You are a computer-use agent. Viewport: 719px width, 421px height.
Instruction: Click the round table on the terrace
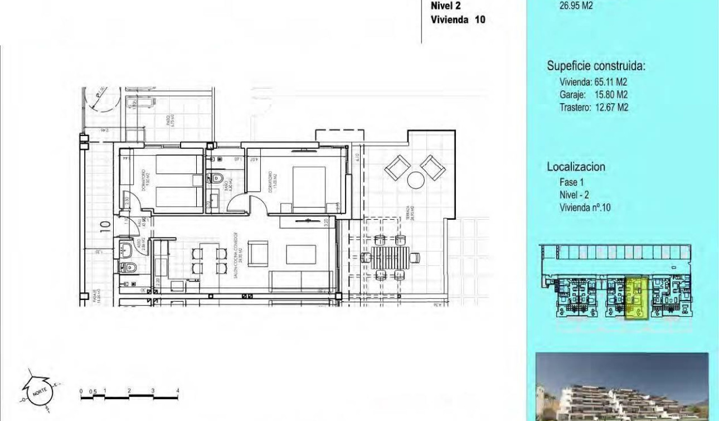pyautogui.click(x=416, y=180)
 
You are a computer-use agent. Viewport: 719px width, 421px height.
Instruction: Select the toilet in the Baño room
pyautogui.click(x=218, y=178)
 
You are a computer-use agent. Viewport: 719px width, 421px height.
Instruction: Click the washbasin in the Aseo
pyautogui.click(x=128, y=248)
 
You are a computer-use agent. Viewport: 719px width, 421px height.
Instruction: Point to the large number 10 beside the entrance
pyautogui.click(x=104, y=226)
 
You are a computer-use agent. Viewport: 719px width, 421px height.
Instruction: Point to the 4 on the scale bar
pyautogui.click(x=177, y=391)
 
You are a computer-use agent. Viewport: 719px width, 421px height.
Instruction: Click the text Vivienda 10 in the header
pyautogui.click(x=458, y=20)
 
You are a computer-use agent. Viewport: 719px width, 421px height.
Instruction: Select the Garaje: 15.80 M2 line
pyautogui.click(x=594, y=95)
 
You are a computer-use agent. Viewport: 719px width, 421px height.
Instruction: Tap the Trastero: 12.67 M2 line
pyautogui.click(x=594, y=108)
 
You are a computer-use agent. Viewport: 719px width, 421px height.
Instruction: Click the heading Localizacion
pyautogui.click(x=576, y=167)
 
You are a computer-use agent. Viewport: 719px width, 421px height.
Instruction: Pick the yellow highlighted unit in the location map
pyautogui.click(x=636, y=298)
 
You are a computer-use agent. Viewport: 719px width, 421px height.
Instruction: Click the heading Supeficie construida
pyautogui.click(x=596, y=66)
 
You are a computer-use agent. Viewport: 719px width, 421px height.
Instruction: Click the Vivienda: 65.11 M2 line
pyautogui.click(x=594, y=83)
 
